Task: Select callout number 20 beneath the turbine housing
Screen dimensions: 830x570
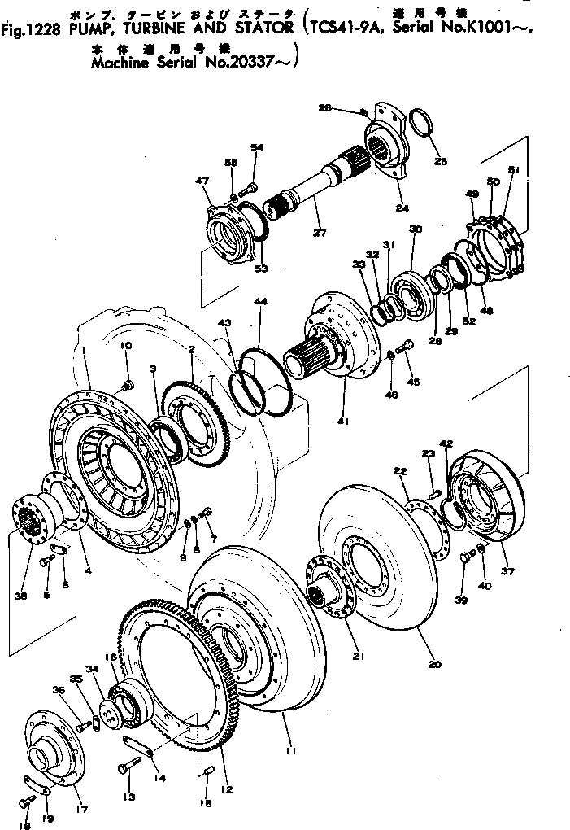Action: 435,665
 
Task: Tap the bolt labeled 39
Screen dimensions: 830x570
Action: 468,558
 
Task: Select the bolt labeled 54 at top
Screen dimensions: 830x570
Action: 249,188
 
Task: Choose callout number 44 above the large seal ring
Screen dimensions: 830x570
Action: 259,302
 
